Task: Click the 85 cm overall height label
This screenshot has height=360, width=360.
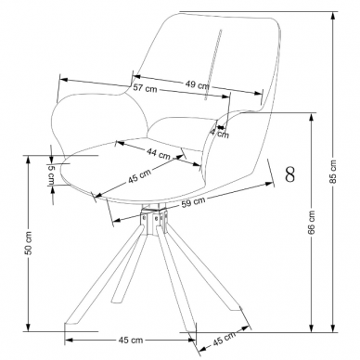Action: click(333, 171)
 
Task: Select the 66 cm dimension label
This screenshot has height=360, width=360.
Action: click(311, 223)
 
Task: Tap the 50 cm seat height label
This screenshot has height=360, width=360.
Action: click(28, 243)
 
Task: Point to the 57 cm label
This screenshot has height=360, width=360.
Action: click(145, 88)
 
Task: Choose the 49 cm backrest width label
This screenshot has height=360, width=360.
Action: click(198, 84)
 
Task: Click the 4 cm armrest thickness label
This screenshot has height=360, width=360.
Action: click(220, 134)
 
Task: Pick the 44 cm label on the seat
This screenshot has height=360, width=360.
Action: click(159, 153)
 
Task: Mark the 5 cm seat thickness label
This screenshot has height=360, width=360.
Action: click(51, 174)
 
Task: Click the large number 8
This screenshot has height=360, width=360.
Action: click(290, 174)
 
